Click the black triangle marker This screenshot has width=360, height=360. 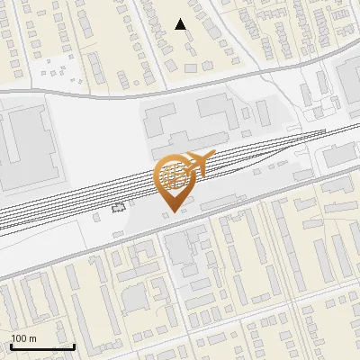(x=181, y=24)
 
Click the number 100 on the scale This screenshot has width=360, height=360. (x=19, y=338)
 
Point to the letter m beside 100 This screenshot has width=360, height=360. (x=31, y=338)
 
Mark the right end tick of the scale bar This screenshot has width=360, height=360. (x=74, y=345)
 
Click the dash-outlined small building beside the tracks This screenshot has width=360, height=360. (x=119, y=208)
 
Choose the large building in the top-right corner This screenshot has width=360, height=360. (x=349, y=81)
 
